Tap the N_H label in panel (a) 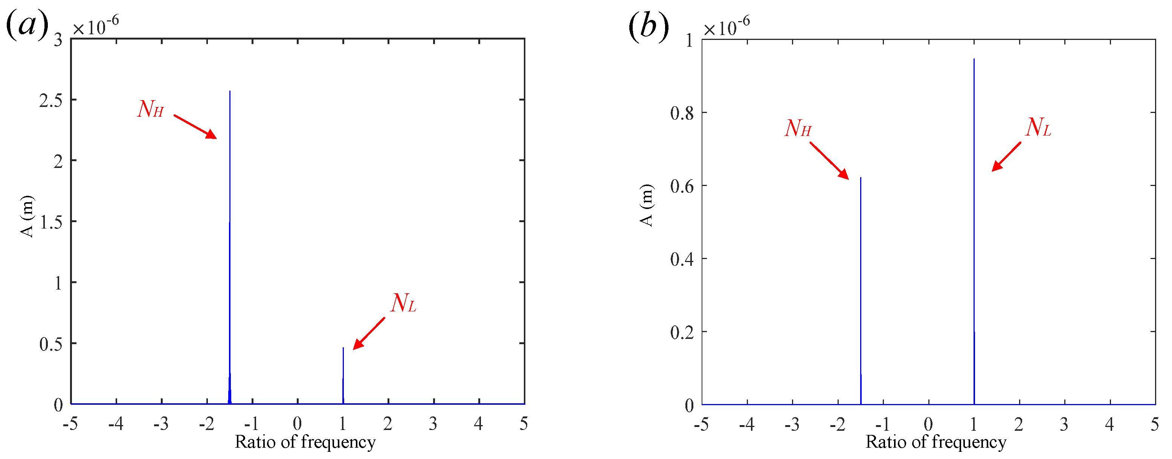pyautogui.click(x=151, y=109)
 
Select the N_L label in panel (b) pyautogui.click(x=1038, y=127)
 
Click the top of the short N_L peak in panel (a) pyautogui.click(x=343, y=348)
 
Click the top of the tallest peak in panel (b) pyautogui.click(x=974, y=59)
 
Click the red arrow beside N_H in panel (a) pyautogui.click(x=195, y=127)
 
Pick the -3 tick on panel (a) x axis pyautogui.click(x=161, y=424)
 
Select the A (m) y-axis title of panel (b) pyautogui.click(x=647, y=205)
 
